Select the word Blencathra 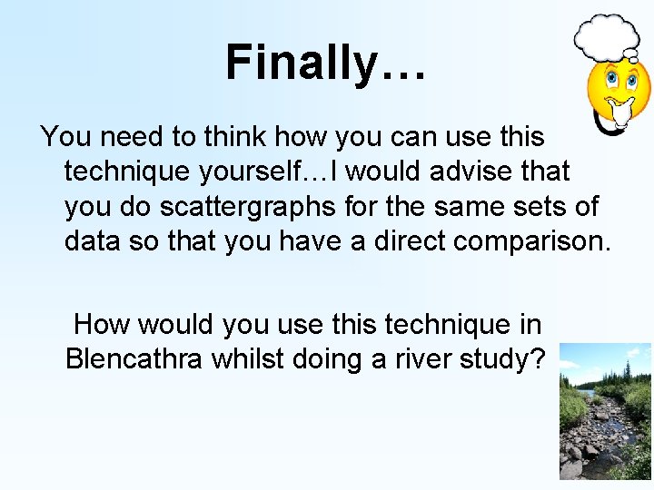pyautogui.click(x=134, y=358)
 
